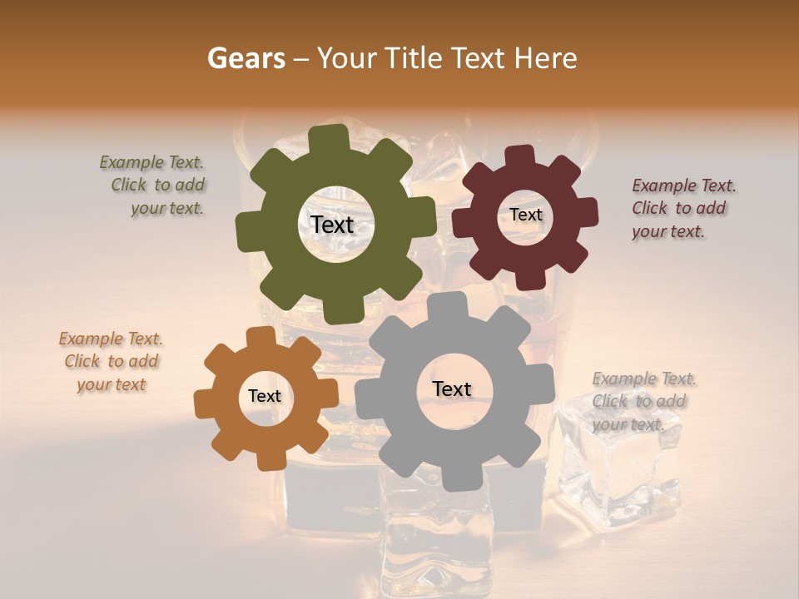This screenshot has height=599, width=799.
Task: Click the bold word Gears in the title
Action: tap(246, 58)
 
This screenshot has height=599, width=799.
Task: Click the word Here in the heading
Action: tap(546, 58)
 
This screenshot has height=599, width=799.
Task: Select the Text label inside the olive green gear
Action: tap(332, 225)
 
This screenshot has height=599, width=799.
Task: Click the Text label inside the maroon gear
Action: tap(525, 215)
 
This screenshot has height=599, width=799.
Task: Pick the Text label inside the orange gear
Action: tap(265, 397)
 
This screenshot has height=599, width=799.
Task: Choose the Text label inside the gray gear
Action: tap(452, 389)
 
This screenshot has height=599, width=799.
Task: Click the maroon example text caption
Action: tap(682, 209)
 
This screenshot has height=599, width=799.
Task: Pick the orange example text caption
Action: tap(112, 362)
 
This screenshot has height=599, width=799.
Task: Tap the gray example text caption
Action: tap(643, 402)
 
